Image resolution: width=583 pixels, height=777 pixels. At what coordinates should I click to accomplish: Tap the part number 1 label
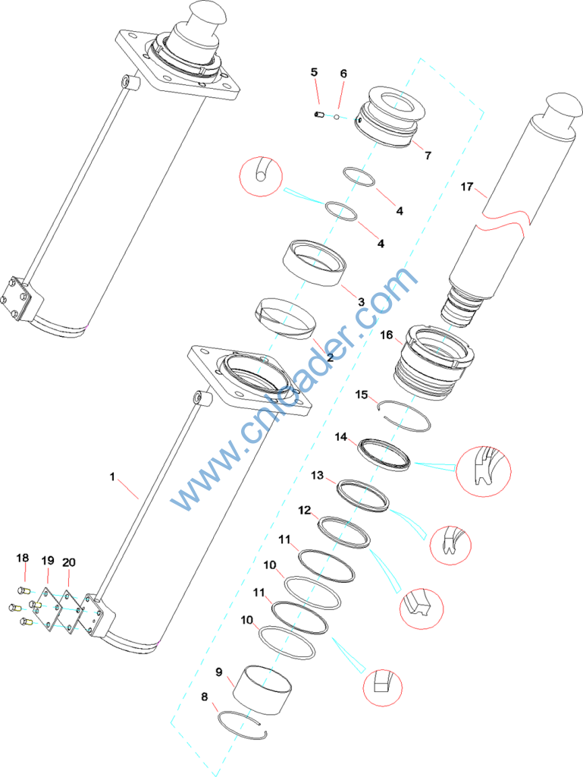pyautogui.click(x=112, y=477)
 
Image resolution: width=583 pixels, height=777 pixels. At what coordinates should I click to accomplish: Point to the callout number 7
pyautogui.click(x=428, y=156)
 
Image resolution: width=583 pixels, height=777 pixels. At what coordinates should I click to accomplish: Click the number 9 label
pyautogui.click(x=219, y=672)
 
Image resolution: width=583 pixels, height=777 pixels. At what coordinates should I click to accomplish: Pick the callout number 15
pyautogui.click(x=362, y=395)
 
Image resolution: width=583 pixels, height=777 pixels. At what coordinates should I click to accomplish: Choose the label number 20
pyautogui.click(x=69, y=562)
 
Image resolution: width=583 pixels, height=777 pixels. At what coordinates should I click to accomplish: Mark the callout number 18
pyautogui.click(x=23, y=558)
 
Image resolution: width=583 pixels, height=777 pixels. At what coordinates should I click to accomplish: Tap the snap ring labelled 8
pyautogui.click(x=243, y=726)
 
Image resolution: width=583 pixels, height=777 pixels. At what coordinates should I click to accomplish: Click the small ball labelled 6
pyautogui.click(x=337, y=117)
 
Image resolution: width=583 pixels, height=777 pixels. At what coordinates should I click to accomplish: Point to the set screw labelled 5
pyautogui.click(x=319, y=115)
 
